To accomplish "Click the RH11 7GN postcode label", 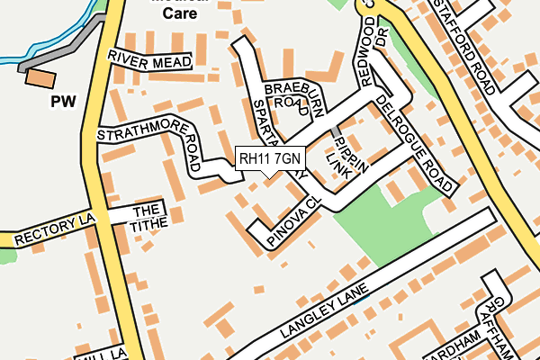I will (x=271, y=159).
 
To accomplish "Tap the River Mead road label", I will (x=149, y=59).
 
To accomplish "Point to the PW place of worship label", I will (x=61, y=102).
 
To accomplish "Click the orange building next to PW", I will (x=39, y=77).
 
